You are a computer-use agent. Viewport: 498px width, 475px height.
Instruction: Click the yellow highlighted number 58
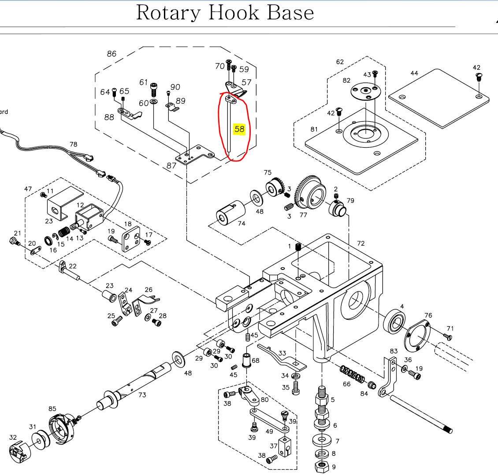tap(239, 129)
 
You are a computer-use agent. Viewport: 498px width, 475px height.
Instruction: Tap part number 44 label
tap(414, 73)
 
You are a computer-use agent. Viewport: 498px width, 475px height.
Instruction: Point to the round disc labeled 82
tap(364, 91)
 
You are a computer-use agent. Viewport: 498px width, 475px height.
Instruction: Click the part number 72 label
tap(361, 243)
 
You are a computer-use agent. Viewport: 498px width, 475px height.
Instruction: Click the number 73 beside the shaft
tap(142, 395)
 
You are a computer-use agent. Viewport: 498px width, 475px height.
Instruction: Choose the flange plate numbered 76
tap(416, 337)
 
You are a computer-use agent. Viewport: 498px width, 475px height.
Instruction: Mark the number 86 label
tap(111, 54)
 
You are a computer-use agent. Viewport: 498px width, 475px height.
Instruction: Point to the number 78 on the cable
tap(73, 144)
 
